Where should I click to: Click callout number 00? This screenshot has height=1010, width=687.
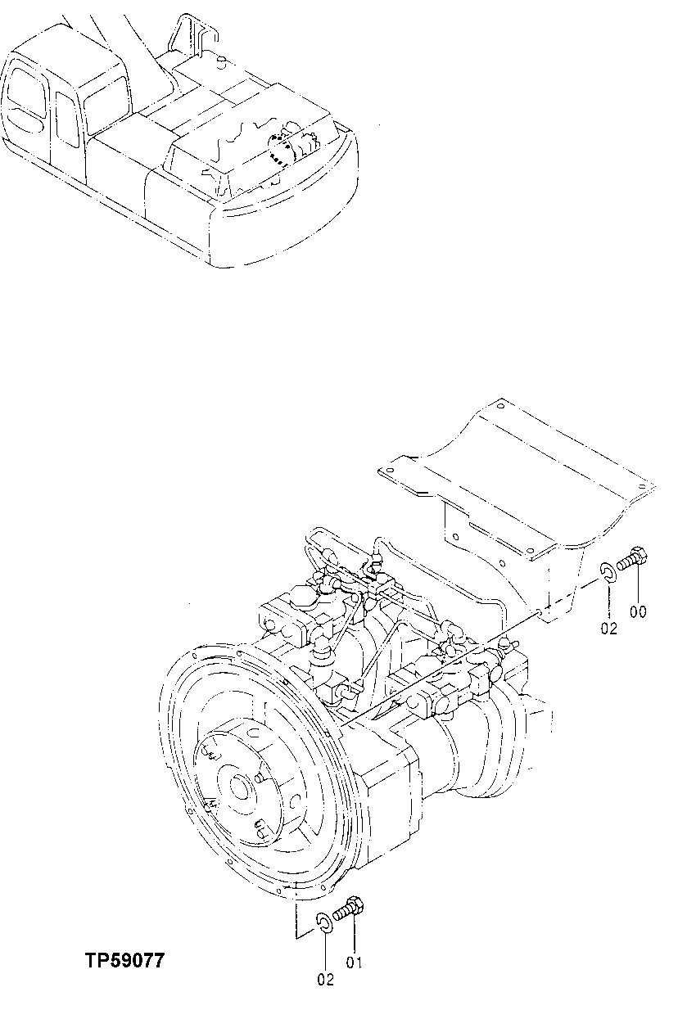639,611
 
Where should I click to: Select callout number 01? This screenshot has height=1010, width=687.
354,963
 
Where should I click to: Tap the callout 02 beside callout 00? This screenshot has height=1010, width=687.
608,628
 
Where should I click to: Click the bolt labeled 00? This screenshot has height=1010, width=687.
635,561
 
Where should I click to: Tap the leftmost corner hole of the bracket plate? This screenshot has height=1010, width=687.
391,471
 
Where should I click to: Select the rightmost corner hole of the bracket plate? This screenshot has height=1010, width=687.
640,488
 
